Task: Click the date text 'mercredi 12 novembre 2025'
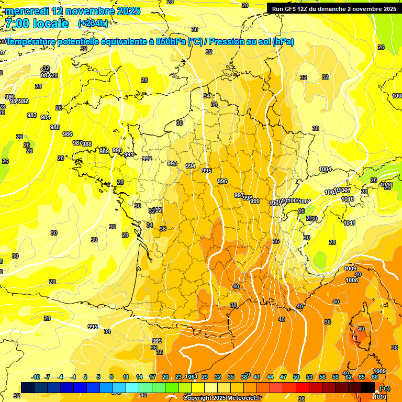tap(72, 11)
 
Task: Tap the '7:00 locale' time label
tap(36, 23)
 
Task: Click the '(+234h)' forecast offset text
tap(93, 23)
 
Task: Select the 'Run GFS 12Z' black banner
tap(332, 8)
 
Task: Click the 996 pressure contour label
tap(222, 181)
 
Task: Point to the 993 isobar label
tap(172, 163)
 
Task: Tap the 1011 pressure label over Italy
tap(350, 223)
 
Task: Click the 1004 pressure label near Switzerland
tap(325, 169)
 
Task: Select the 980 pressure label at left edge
tap(9, 97)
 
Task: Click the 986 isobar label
tap(68, 134)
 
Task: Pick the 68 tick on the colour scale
tap(375, 377)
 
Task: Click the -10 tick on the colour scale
tap(36, 377)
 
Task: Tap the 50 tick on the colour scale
tap(296, 377)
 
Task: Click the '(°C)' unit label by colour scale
tap(385, 388)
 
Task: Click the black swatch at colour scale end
tap(368, 387)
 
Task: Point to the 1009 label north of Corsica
tap(350, 269)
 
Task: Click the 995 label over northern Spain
tap(93, 327)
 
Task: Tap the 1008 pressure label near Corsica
tap(352, 280)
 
